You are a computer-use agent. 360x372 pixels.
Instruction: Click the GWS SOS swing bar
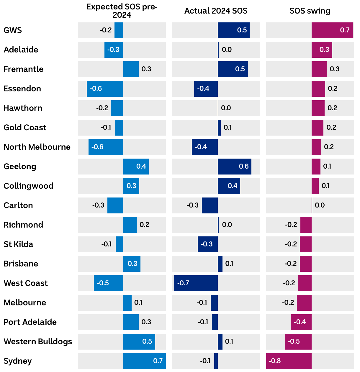332,30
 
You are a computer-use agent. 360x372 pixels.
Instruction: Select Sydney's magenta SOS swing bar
289,361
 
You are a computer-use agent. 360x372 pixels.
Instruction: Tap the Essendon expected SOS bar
105,89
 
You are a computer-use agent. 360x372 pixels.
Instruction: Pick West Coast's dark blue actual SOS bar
196,283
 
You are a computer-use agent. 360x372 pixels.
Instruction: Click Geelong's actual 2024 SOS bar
234,167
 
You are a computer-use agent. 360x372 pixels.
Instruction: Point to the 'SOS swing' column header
310,11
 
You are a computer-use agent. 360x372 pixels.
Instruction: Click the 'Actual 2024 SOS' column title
216,11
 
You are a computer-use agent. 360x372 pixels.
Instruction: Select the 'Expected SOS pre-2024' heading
122,11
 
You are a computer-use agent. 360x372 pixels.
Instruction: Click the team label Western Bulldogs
38,342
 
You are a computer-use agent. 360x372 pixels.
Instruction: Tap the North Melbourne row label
37,147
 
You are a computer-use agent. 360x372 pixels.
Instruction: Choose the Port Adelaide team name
30,322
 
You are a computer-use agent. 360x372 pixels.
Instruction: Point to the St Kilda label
18,244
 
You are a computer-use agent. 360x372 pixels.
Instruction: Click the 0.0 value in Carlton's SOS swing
320,205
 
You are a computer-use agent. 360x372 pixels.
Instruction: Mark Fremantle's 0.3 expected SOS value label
146,69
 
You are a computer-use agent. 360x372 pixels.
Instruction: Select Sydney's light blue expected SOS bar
144,361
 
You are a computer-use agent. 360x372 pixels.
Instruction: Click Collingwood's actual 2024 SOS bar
229,186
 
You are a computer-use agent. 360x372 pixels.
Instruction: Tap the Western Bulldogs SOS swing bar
298,342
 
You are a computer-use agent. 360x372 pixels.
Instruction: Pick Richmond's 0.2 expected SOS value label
144,225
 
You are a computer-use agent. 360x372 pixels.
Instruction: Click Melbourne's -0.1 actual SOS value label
202,303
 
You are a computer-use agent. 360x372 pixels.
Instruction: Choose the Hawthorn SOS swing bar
318,108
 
